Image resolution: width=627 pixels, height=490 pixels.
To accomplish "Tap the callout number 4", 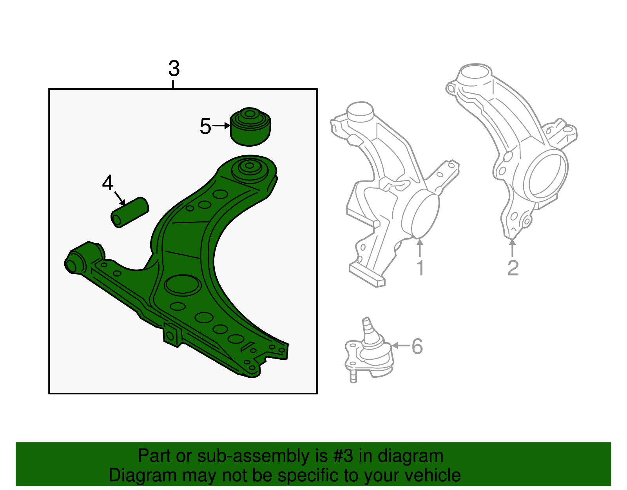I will point(108,183).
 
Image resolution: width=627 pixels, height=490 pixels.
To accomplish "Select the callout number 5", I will point(205,126).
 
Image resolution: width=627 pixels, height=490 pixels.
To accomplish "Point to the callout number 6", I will point(417,346).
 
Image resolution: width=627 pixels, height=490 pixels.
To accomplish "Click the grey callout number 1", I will point(420,268).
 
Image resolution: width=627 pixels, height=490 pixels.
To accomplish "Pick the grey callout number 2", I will point(513,268).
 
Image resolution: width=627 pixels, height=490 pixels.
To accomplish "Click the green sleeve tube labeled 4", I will point(130,212).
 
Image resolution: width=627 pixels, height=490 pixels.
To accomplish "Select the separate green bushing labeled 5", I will point(250,126).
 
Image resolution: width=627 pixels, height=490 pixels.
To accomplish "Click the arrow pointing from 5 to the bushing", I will point(222,126).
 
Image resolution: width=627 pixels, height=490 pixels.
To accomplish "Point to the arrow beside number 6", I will point(400,346).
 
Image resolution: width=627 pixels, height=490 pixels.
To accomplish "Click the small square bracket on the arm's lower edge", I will point(171,335).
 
